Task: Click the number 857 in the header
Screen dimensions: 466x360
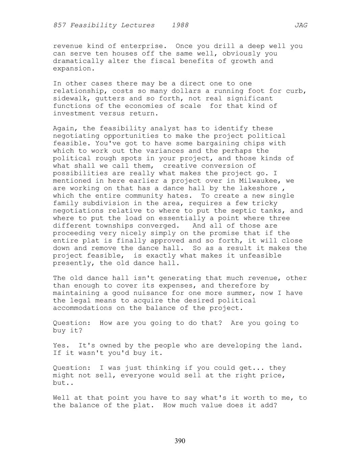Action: (x=59, y=25)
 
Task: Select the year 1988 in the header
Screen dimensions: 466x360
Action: (x=180, y=25)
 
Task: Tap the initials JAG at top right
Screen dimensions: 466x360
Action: (x=301, y=25)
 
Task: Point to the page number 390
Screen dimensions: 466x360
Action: (x=180, y=441)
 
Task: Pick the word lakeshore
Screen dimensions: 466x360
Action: (x=258, y=188)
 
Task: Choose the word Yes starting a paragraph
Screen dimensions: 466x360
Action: (x=59, y=345)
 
